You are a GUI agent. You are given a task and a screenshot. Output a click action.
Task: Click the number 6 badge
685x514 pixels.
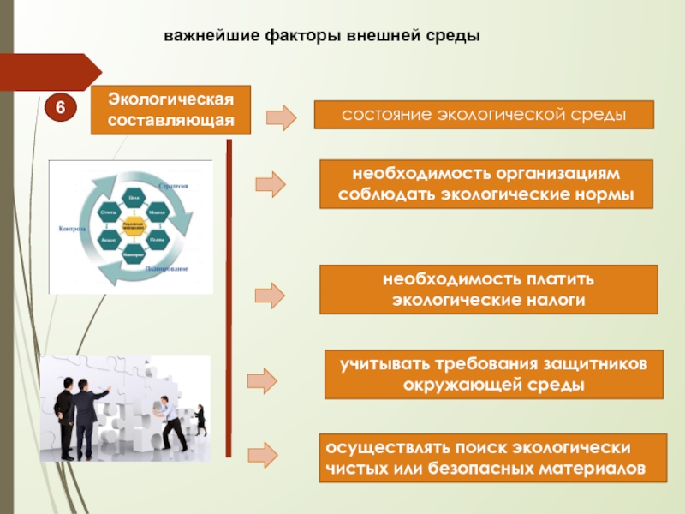pos(61,107)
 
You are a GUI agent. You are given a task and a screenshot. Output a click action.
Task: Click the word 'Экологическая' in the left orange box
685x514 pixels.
pos(171,101)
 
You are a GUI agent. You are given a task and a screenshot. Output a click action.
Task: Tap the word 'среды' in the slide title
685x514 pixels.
pos(455,37)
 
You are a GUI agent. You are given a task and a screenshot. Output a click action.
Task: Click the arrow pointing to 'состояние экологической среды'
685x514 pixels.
pos(281,116)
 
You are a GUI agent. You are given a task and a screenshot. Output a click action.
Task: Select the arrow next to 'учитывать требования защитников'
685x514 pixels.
pos(263,380)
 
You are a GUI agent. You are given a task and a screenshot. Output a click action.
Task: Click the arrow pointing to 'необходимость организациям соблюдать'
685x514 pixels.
pos(271,183)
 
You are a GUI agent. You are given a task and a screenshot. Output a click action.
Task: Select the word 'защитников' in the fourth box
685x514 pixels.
pos(594,363)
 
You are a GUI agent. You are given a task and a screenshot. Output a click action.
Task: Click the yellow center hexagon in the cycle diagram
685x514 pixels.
pos(132,227)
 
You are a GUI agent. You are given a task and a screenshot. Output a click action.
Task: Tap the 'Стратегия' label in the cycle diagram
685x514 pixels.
pos(173,184)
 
